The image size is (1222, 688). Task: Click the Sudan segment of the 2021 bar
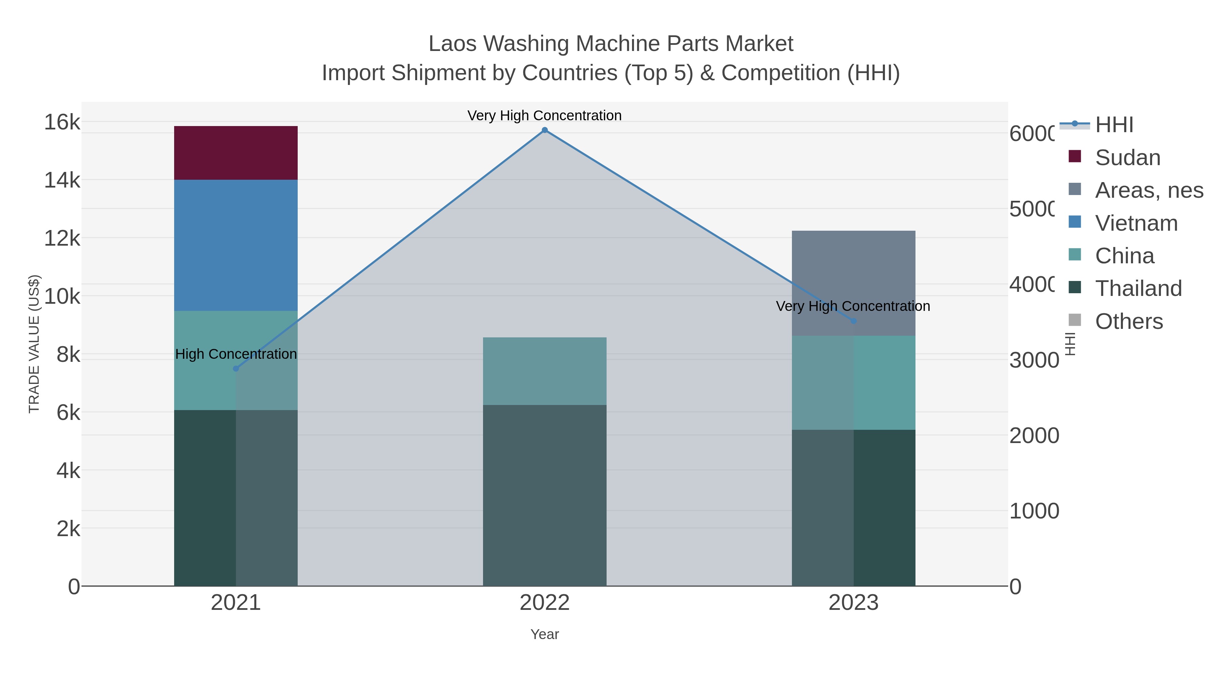(236, 153)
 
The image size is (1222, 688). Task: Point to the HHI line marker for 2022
(544, 130)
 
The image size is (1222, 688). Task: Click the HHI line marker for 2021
(236, 368)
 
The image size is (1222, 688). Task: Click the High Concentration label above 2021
(236, 354)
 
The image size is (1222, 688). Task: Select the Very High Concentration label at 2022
(544, 116)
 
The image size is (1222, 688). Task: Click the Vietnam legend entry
(1136, 223)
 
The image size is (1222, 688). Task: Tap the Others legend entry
(1129, 321)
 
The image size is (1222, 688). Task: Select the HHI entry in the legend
(1114, 125)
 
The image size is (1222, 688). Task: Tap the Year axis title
(544, 634)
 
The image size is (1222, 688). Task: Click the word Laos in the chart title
(452, 44)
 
